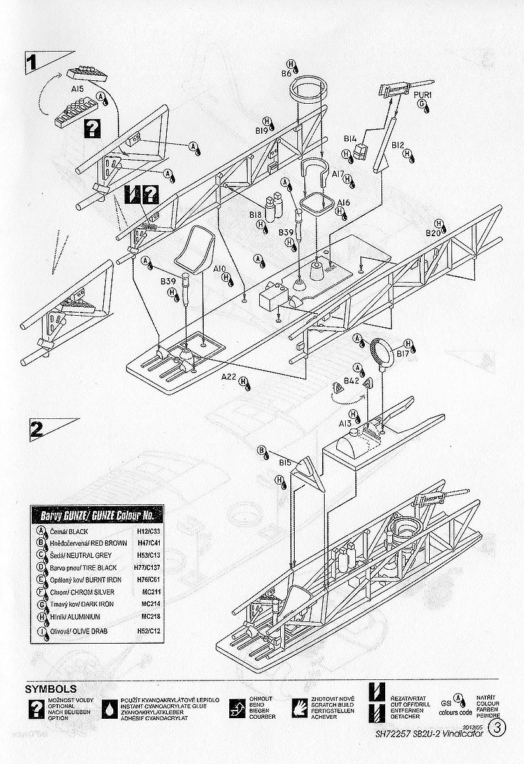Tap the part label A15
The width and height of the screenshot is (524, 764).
click(78, 90)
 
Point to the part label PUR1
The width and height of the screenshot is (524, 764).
click(423, 95)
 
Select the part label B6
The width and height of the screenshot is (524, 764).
click(287, 74)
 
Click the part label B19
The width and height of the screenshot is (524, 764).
click(261, 131)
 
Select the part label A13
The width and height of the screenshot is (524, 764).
click(345, 423)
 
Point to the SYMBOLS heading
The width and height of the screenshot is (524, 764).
click(50, 689)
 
